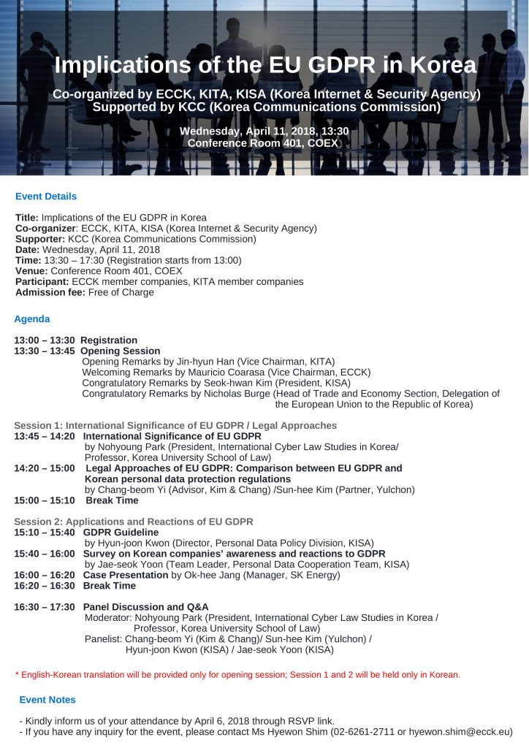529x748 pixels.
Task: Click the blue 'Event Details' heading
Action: pos(46,196)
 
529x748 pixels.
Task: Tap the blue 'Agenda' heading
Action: pos(32,319)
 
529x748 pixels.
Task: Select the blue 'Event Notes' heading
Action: pos(47,700)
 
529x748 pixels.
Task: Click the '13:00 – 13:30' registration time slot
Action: pos(44,340)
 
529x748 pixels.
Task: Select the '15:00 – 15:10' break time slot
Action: pos(44,501)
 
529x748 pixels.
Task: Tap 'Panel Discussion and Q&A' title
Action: pos(145,607)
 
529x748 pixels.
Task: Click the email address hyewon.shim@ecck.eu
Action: pos(460,731)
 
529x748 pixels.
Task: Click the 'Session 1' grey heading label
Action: pos(36,425)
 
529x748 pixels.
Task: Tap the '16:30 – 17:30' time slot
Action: pos(44,607)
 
